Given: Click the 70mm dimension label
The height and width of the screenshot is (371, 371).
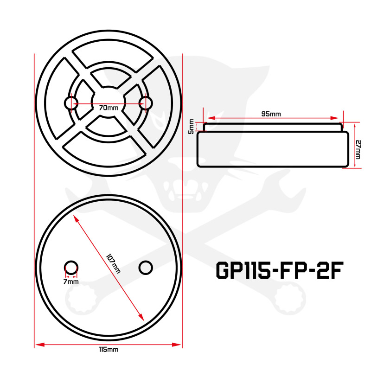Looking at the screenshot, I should pyautogui.click(x=109, y=107).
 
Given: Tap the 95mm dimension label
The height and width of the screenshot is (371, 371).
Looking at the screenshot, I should pyautogui.click(x=271, y=114).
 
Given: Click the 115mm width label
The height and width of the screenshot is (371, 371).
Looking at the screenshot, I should pyautogui.click(x=109, y=350).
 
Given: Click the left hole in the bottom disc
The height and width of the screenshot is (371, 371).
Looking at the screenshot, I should pyautogui.click(x=71, y=267).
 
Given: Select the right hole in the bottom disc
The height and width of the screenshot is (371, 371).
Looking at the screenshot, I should pyautogui.click(x=146, y=267).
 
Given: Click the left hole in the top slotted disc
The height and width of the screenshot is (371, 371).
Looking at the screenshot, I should pyautogui.click(x=71, y=103).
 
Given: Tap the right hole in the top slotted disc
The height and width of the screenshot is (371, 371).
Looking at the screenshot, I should pyautogui.click(x=146, y=103).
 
